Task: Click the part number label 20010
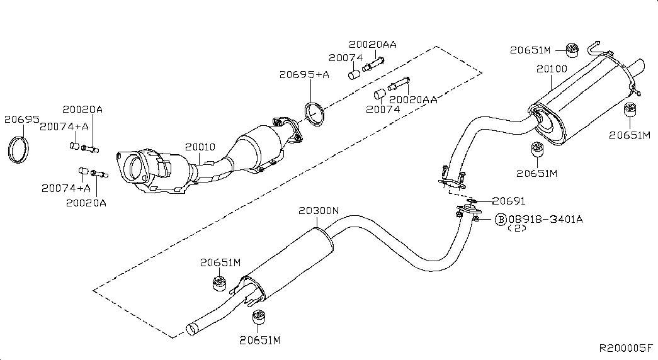point(200,147)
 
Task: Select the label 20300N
point(319,210)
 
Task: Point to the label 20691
point(508,201)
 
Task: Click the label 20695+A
point(304,75)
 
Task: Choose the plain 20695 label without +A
point(21,118)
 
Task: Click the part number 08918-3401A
point(545,219)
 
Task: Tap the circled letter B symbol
point(501,219)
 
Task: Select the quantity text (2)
point(516,228)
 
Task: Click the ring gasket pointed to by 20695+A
point(315,114)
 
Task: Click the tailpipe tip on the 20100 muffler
point(637,65)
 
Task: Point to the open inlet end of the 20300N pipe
point(192,327)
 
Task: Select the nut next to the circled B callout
point(477,218)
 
